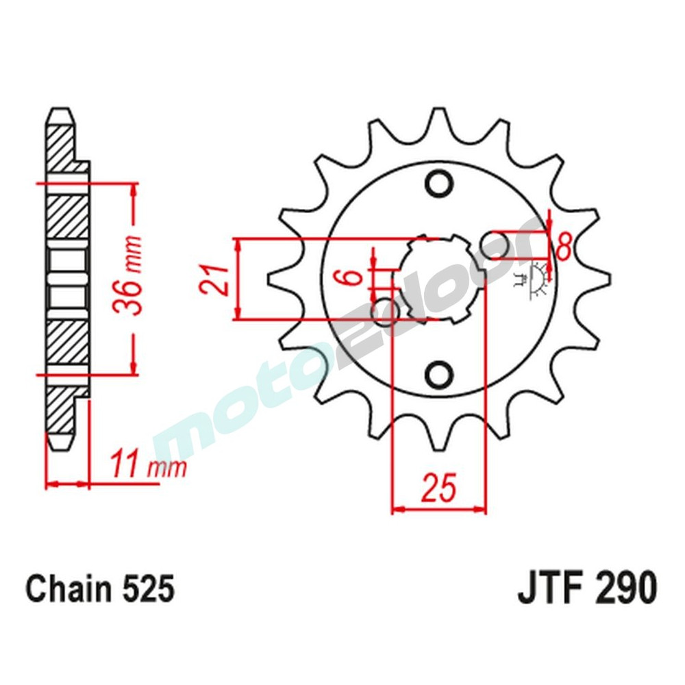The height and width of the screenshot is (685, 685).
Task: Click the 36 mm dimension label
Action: click(133, 275)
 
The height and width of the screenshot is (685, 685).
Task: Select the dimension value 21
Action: click(214, 279)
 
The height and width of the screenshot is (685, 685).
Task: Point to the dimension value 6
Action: click(351, 278)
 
